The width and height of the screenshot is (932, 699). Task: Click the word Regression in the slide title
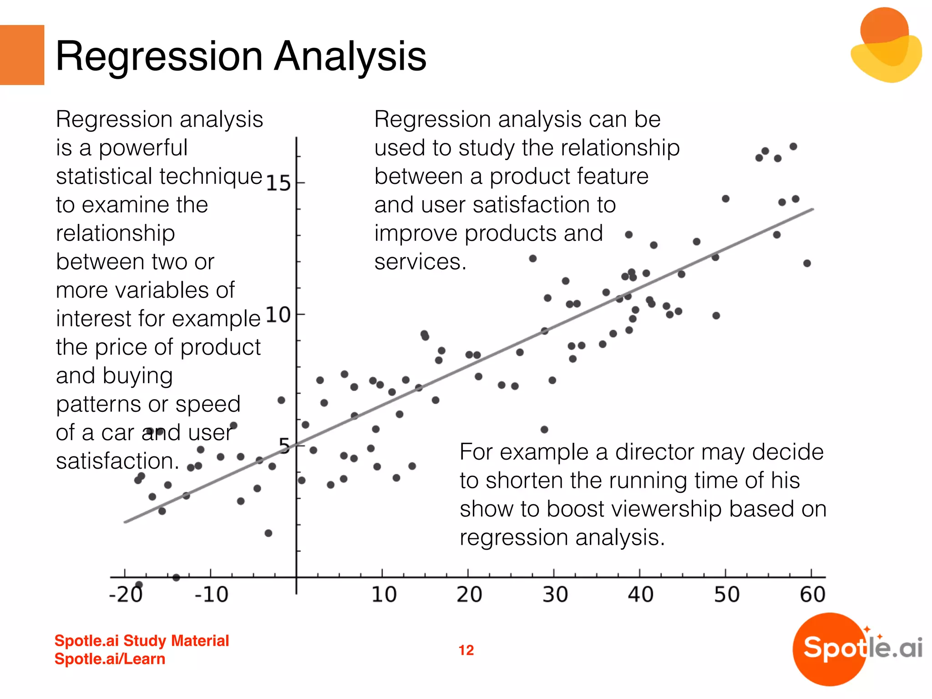[x=159, y=57]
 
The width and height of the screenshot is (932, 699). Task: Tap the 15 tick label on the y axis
[x=278, y=183]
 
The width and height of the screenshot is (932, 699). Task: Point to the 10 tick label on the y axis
[x=278, y=315]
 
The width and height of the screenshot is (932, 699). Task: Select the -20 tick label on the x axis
[x=126, y=594]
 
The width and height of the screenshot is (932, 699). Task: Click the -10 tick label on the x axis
[x=211, y=594]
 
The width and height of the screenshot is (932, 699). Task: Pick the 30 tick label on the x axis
[x=555, y=594]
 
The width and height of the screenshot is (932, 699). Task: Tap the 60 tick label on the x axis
[x=812, y=594]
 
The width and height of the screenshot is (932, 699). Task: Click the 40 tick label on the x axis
[x=640, y=594]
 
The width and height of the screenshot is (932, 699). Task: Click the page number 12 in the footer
[x=466, y=650]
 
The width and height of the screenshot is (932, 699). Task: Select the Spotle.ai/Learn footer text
[x=110, y=659]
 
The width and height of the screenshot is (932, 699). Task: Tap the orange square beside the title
[x=22, y=55]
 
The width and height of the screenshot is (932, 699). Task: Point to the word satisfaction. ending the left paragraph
[x=117, y=461]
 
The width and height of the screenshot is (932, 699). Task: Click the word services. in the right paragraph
[x=420, y=262]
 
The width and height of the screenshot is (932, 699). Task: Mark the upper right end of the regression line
[x=812, y=209]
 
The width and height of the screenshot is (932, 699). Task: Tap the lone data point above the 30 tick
[x=544, y=430]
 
